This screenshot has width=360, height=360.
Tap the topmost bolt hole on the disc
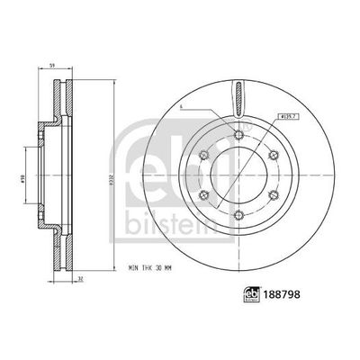click(238, 134)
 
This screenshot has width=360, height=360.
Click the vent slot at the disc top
click(238, 97)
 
